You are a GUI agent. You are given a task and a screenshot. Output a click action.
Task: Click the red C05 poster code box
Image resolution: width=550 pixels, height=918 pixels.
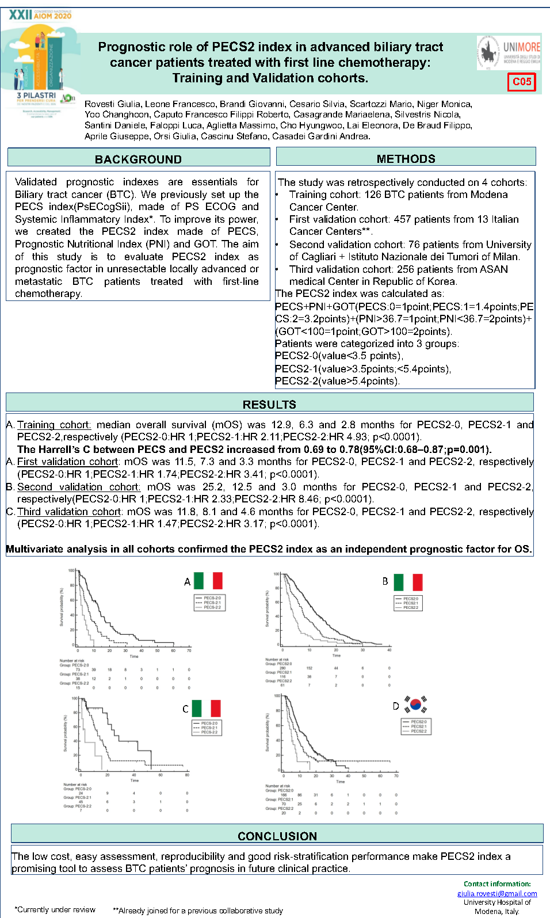(521, 82)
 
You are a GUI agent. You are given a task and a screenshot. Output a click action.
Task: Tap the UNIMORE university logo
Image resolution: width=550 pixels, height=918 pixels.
(509, 52)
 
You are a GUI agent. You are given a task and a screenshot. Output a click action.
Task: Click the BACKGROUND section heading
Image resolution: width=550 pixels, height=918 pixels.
(138, 159)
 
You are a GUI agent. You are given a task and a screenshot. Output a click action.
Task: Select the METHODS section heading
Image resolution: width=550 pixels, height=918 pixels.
(406, 158)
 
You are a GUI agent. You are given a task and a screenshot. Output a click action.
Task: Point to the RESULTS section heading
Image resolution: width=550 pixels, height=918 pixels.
(269, 404)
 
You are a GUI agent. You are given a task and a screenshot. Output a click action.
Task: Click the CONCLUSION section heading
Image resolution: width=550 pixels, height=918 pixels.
(277, 836)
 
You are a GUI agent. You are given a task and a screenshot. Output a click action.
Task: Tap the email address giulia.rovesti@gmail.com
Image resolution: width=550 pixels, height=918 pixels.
(497, 893)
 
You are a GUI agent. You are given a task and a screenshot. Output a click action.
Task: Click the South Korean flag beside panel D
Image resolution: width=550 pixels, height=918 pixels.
(416, 704)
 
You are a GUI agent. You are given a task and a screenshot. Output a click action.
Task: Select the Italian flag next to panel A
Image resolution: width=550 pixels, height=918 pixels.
(208, 581)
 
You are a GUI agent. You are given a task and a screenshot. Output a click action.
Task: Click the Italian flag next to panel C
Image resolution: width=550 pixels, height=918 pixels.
(206, 708)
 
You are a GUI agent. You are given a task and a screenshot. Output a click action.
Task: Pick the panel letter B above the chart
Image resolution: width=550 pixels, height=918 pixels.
(385, 581)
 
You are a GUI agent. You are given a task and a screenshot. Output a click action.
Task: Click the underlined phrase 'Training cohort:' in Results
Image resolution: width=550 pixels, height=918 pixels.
(54, 425)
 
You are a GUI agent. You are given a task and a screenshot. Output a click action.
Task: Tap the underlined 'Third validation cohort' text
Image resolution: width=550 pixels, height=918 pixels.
(69, 512)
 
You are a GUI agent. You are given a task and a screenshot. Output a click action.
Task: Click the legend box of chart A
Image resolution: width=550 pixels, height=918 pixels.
(208, 603)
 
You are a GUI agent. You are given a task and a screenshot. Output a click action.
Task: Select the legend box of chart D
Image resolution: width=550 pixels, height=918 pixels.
(415, 726)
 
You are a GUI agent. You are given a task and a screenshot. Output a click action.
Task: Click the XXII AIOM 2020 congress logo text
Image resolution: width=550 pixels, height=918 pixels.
(40, 14)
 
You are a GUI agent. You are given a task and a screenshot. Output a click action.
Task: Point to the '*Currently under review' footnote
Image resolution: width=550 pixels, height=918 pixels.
(55, 909)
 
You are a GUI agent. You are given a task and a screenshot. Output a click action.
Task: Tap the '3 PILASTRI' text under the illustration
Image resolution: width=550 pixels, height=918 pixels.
(36, 96)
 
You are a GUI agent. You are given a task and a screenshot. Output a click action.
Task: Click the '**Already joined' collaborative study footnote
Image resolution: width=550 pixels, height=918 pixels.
(197, 911)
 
